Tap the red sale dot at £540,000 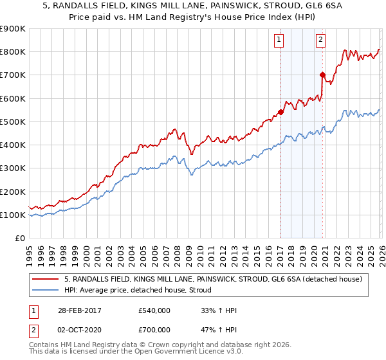(x=280, y=113)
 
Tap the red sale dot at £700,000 (x=322, y=75)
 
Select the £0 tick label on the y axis (x=20, y=239)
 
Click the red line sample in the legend (x=46, y=279)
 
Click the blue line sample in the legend (x=46, y=290)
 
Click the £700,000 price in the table (x=154, y=330)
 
